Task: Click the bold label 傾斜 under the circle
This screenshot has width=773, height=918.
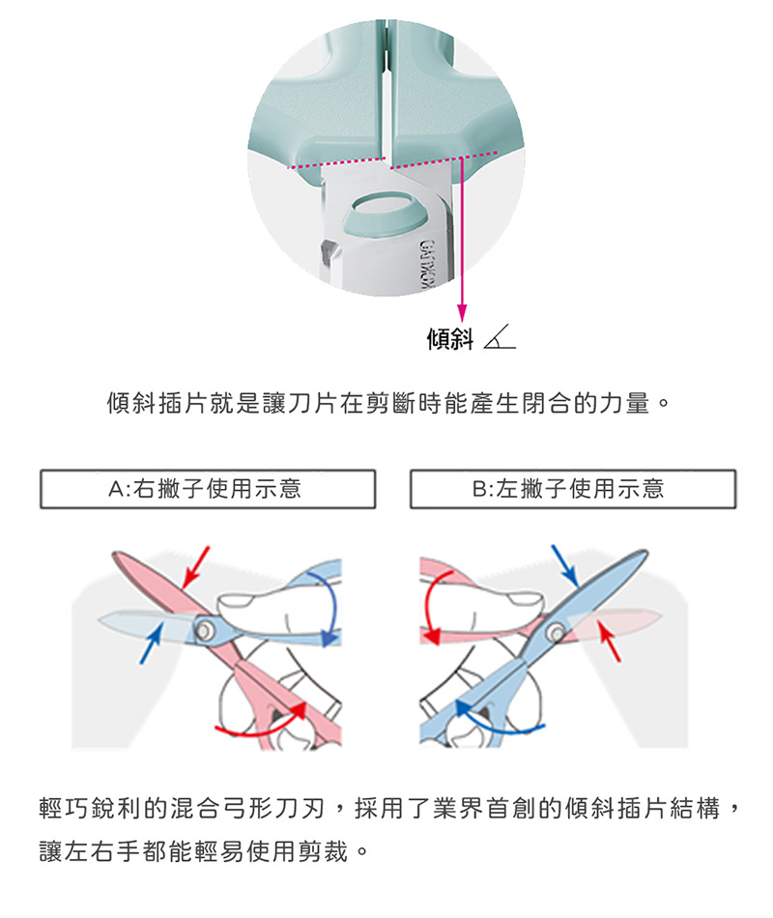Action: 449,338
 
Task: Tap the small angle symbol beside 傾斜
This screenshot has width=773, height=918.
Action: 500,337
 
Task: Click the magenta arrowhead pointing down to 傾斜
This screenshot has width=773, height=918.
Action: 462,313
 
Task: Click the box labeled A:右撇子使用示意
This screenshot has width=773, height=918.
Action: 208,489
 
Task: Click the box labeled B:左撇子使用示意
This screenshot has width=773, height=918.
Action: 573,489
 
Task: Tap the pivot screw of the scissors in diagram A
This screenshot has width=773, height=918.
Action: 204,630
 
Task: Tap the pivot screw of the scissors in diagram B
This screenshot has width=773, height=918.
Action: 555,632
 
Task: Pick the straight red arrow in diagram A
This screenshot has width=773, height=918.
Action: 195,566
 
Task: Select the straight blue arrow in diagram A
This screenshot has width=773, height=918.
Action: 151,643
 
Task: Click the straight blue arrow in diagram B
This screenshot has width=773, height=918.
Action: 565,566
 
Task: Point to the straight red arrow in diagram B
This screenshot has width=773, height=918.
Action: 609,641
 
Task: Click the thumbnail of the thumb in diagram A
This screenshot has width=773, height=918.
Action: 233,601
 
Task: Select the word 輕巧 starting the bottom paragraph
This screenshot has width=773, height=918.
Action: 65,808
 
